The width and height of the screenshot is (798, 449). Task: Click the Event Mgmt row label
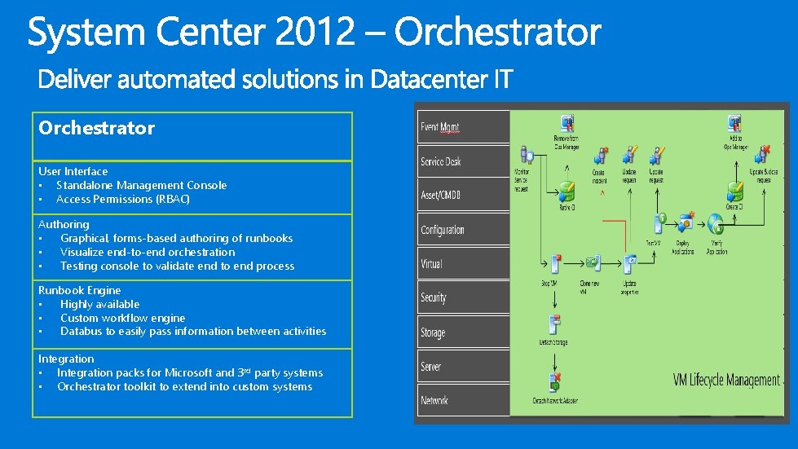coord(439,127)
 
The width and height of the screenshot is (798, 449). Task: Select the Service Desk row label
coord(441,161)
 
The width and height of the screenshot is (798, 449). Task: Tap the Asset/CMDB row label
coord(441,196)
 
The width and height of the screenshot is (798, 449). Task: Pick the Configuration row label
coord(443,230)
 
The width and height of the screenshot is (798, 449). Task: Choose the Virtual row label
coord(432,264)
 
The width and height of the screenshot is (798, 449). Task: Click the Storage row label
coord(433,332)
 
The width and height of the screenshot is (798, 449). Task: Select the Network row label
coord(434,400)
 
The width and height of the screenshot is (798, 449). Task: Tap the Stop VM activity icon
coord(555,264)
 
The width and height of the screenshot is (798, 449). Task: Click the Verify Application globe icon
coord(716,223)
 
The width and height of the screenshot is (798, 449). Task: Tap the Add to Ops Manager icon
coord(734,124)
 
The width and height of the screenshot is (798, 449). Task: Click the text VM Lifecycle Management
coord(726,381)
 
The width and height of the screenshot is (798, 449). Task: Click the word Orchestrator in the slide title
coord(497,33)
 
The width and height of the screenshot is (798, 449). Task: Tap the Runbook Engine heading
coord(79,290)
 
